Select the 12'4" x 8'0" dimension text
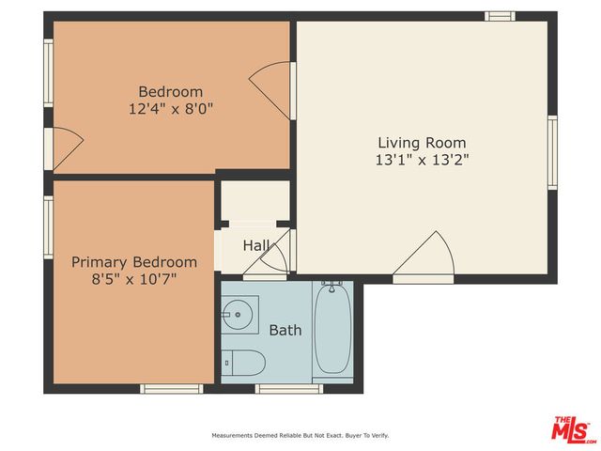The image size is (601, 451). (171, 108)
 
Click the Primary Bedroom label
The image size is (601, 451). (134, 262)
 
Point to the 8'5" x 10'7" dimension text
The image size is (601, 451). (134, 279)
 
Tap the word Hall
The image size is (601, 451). (256, 246)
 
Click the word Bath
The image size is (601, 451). (285, 331)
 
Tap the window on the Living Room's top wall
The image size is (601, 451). (500, 16)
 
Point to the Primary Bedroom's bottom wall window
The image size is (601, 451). (171, 388)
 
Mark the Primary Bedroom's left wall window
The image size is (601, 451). (48, 226)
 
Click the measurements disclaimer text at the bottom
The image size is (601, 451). (300, 436)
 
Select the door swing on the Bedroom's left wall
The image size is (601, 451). (66, 147)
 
